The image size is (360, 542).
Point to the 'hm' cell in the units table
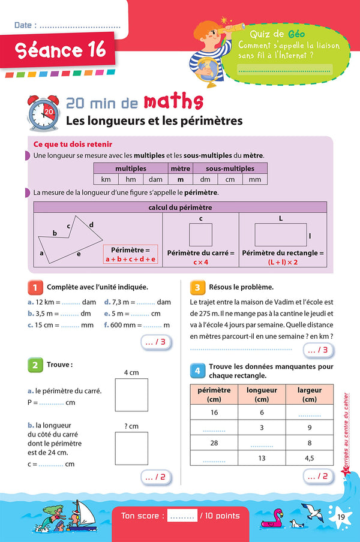tap(130, 179)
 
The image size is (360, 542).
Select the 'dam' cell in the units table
tap(155, 179)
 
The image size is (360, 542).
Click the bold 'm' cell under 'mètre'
tap(180, 179)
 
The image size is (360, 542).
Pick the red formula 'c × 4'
tap(200, 263)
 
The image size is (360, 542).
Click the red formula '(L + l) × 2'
tap(283, 263)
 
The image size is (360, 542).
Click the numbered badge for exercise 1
tap(35, 287)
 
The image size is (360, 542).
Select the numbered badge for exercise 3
tap(197, 287)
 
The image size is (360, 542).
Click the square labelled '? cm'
tap(131, 449)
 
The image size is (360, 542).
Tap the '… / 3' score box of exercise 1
tap(155, 342)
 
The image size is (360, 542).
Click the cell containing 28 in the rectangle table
tap(214, 443)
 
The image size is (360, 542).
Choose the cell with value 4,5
tap(310, 458)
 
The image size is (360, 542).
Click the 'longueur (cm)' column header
tap(262, 394)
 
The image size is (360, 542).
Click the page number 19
tap(341, 517)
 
